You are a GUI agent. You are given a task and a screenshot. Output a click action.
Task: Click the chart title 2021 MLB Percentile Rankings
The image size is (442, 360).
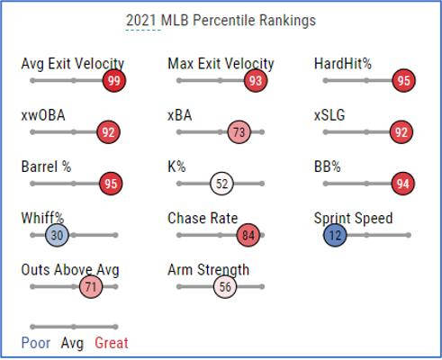[221, 20]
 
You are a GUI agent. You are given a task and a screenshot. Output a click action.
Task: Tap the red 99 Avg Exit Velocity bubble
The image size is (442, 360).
[113, 81]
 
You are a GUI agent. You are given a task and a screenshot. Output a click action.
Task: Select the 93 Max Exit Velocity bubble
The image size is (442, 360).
[256, 81]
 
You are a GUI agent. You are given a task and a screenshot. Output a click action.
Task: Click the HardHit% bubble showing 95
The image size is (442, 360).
[402, 81]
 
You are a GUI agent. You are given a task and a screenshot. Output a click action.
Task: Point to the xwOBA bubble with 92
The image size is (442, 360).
[109, 132]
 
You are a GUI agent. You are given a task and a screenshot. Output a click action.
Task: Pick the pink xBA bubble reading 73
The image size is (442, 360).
[239, 132]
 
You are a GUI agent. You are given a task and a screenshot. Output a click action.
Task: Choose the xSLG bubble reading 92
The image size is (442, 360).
[401, 132]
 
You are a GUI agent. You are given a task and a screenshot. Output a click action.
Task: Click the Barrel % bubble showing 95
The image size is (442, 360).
[112, 184]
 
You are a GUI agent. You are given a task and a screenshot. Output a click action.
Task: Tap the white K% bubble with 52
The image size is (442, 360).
[221, 184]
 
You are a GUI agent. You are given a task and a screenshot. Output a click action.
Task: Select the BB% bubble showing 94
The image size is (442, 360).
[402, 184]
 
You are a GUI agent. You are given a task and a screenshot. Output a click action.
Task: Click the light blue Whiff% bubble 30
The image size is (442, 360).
[57, 236]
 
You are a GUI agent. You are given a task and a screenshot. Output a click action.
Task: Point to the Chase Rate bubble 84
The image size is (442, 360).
[248, 236]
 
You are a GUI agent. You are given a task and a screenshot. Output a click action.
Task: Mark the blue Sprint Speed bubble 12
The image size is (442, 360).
[335, 236]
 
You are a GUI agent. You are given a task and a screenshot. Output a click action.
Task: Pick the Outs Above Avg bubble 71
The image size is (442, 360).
[90, 287]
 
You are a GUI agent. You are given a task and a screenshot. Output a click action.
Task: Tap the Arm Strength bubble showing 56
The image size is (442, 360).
[225, 287]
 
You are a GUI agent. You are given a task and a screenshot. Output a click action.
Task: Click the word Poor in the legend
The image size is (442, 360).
[36, 343]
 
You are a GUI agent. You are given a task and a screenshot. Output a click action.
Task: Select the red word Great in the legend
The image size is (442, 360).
[112, 343]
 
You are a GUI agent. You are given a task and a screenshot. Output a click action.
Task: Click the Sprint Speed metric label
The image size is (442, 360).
[353, 219]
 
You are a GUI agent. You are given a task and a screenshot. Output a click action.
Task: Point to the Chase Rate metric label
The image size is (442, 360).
[203, 219]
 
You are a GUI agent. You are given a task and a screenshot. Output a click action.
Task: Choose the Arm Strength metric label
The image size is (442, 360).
[209, 270]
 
